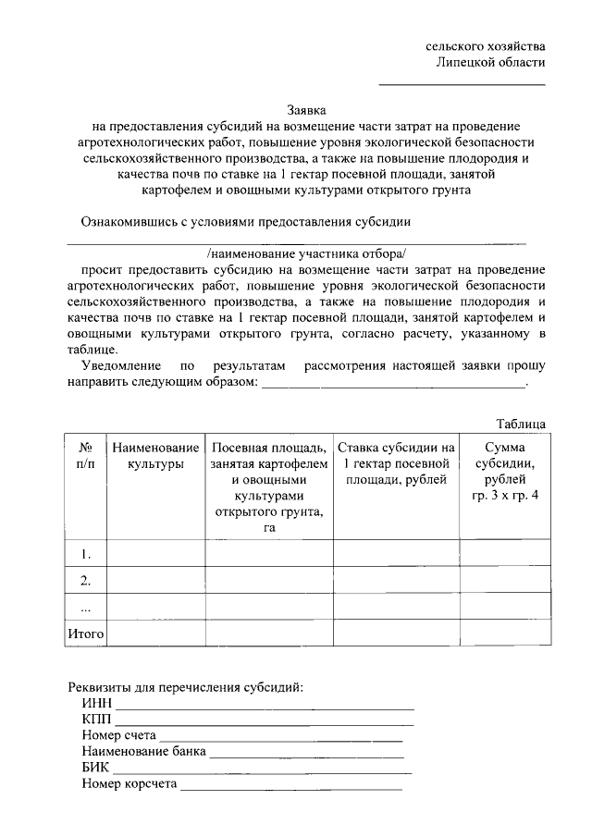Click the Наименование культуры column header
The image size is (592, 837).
pyautogui.click(x=156, y=455)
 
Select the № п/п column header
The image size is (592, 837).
pyautogui.click(x=85, y=455)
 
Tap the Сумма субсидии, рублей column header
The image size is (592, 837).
pyautogui.click(x=503, y=471)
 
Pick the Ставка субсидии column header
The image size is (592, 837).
pyautogui.click(x=396, y=462)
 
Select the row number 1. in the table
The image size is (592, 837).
pyautogui.click(x=85, y=554)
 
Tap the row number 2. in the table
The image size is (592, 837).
pyautogui.click(x=85, y=581)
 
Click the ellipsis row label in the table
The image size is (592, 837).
pyautogui.click(x=85, y=608)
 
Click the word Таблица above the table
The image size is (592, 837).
pyautogui.click(x=520, y=424)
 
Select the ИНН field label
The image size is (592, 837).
pyautogui.click(x=96, y=706)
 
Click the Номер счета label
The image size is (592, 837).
pyautogui.click(x=117, y=736)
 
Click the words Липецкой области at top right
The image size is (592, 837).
pyautogui.click(x=490, y=62)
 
